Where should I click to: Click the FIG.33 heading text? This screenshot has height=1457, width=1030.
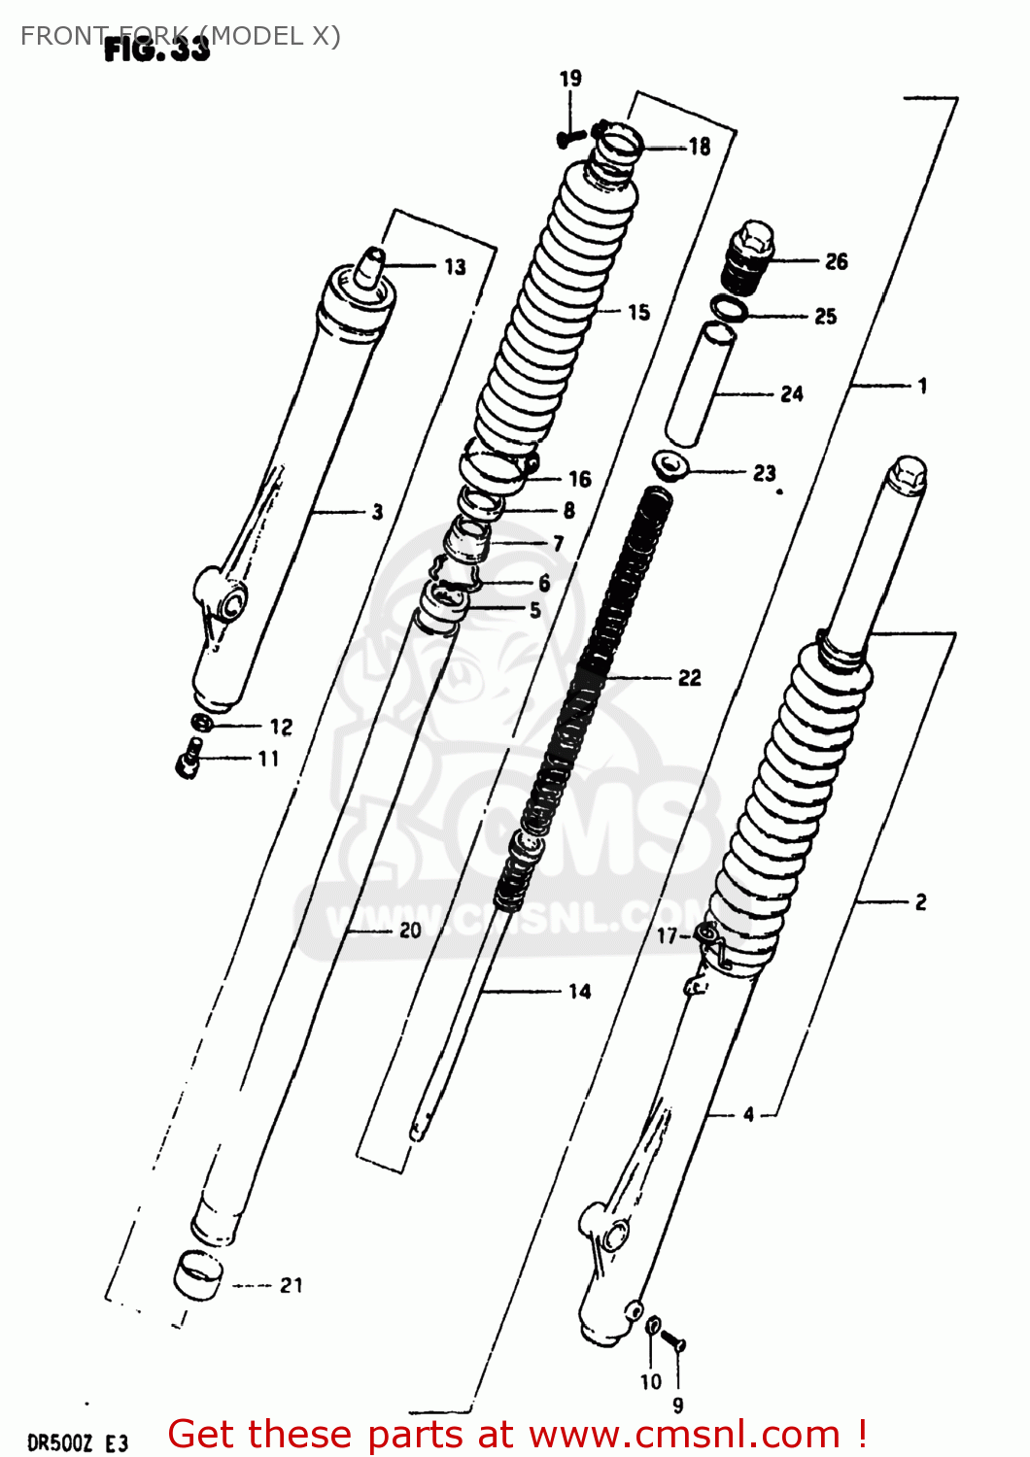[x=156, y=49]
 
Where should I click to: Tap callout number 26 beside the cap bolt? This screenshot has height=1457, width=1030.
[x=836, y=261]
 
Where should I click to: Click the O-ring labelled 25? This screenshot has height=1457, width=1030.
[x=729, y=310]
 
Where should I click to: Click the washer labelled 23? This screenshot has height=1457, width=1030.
[x=670, y=464]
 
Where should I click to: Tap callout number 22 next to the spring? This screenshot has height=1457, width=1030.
[x=689, y=678]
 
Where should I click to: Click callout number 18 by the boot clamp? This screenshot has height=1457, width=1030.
[x=700, y=147]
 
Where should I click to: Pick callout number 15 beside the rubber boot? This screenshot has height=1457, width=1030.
[x=638, y=312]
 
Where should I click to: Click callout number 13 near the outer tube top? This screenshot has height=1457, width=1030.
[x=455, y=266]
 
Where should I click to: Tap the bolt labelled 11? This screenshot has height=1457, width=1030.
[x=189, y=759]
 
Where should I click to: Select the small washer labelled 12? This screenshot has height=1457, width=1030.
[x=202, y=724]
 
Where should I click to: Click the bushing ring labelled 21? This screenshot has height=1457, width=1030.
[x=198, y=1274]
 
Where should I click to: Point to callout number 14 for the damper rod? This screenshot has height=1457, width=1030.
[x=579, y=991]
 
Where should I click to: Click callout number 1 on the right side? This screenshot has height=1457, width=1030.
[x=921, y=386]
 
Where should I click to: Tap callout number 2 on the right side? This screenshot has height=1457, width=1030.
[x=920, y=902]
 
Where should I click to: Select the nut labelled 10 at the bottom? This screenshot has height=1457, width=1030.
[x=654, y=1325]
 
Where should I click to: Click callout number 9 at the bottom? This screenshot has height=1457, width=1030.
[x=677, y=1405]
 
